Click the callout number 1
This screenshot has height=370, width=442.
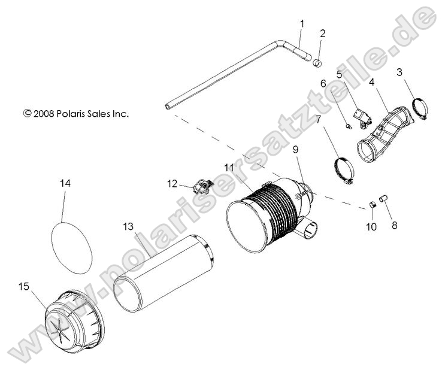(302, 23)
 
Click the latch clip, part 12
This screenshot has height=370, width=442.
(201, 187)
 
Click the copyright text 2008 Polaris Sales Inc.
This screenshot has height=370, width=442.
(76, 113)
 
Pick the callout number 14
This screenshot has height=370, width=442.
(65, 184)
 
